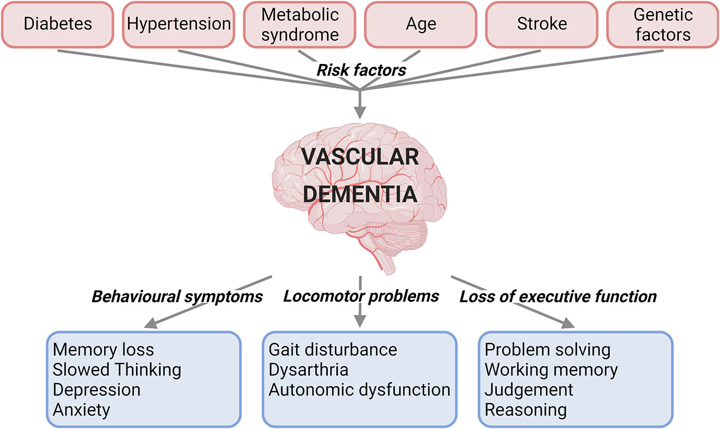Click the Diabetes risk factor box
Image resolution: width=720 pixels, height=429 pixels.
tap(57, 24)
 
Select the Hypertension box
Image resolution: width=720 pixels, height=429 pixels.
tap(179, 24)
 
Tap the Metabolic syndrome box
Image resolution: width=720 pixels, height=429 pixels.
tap(300, 24)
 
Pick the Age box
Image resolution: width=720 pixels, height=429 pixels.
tap(421, 24)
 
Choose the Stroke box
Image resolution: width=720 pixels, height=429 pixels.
tap(542, 24)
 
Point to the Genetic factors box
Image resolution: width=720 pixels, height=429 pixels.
tap(663, 24)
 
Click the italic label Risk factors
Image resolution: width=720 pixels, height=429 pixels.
tap(361, 70)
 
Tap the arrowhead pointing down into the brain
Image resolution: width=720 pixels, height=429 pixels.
tap(360, 112)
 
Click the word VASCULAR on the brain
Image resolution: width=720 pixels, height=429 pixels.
tap(360, 157)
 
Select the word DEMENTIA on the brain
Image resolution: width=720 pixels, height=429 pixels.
tap(360, 194)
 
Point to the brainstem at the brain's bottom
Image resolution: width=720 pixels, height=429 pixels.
tap(384, 259)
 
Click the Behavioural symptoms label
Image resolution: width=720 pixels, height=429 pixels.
tap(177, 296)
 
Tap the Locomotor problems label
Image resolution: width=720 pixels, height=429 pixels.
tap(361, 296)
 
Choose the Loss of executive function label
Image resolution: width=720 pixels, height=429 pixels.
tap(558, 296)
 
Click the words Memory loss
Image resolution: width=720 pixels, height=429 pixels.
tap(104, 350)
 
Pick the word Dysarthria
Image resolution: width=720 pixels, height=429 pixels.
tap(308, 370)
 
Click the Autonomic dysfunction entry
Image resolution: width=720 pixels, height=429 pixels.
tap(360, 390)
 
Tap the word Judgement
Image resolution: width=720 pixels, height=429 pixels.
tap(529, 390)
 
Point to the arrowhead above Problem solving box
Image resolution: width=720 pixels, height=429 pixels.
tap(568, 323)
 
